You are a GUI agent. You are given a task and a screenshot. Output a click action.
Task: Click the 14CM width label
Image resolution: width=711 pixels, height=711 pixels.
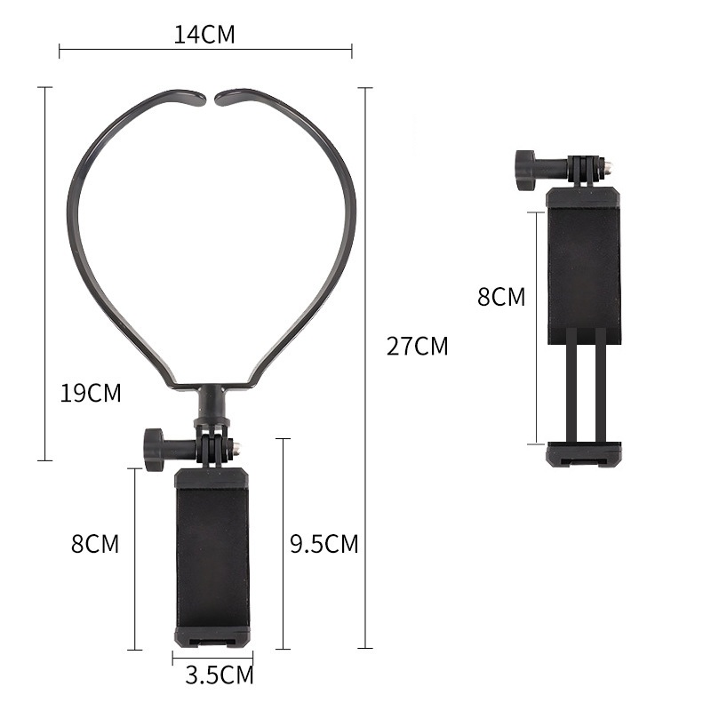(204, 35)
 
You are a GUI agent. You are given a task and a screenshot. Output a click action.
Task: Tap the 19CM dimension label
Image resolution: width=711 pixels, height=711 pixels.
(91, 393)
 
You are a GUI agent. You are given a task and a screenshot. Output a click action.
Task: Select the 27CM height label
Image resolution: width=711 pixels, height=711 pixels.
(417, 346)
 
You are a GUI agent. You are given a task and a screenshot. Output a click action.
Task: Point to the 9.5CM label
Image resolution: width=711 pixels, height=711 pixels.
(324, 544)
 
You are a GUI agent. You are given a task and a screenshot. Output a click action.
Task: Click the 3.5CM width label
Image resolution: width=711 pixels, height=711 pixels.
(220, 675)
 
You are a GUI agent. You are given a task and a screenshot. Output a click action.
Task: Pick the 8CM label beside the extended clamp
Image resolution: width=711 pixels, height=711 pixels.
(501, 297)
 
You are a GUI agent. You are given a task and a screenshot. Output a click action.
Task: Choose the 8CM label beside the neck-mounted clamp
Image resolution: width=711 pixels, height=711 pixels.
(95, 544)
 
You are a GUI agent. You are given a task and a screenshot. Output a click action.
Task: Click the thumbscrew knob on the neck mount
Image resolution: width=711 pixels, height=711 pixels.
(153, 450)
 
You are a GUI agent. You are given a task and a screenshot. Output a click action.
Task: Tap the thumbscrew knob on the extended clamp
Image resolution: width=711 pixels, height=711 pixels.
(525, 170)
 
